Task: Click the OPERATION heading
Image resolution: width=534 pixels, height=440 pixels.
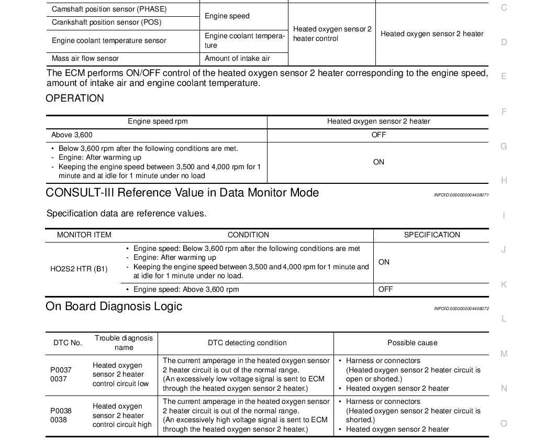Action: (75, 98)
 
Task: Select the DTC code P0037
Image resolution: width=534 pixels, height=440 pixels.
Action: (61, 370)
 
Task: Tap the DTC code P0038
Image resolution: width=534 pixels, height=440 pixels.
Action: (61, 411)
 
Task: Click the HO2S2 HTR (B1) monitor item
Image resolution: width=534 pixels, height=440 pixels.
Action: (79, 269)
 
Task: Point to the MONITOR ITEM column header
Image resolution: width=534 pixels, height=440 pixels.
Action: (84, 235)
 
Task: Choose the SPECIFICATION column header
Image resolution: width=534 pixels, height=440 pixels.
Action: (432, 235)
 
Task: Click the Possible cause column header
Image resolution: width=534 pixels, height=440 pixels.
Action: (412, 343)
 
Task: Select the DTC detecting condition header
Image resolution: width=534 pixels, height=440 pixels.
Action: (247, 343)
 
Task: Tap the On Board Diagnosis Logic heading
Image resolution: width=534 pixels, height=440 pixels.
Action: (114, 306)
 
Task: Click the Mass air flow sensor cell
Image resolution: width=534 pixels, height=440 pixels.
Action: (85, 59)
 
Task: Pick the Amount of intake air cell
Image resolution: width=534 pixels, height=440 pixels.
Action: (237, 59)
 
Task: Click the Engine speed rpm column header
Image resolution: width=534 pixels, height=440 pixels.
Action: (158, 122)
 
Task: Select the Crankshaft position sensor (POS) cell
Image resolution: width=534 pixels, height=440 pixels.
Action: (106, 23)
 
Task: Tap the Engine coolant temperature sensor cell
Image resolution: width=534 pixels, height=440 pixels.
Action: (109, 41)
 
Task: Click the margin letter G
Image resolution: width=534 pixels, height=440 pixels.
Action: (504, 147)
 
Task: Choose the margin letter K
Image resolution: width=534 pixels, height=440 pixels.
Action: (504, 284)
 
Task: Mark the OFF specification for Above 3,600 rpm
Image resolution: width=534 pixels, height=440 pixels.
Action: (385, 289)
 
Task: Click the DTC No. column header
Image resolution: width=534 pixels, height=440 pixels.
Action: (68, 343)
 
